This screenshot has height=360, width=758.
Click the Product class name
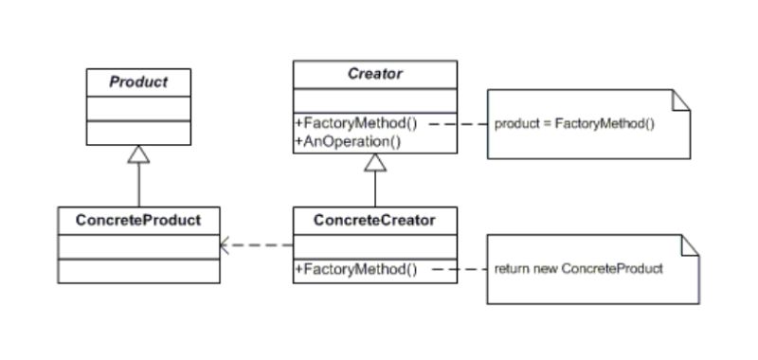coord(138,82)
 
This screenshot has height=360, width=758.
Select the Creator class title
coord(375,74)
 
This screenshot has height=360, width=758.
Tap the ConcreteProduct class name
coord(138,221)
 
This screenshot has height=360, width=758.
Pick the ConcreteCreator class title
coord(375,221)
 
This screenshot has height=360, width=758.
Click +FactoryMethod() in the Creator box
coord(355,124)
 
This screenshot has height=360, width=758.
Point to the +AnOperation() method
coord(348,141)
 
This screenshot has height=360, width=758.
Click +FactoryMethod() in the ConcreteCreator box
coord(355,269)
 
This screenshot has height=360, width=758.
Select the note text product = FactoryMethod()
coord(574,124)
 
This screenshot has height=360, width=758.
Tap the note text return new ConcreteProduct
coord(579,269)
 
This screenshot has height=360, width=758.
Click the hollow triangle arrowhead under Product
coord(139,153)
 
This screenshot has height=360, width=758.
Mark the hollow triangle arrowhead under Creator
coord(376,162)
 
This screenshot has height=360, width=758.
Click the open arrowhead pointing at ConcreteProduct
coord(226,245)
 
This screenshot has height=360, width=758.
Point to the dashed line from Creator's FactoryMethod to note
coord(459,124)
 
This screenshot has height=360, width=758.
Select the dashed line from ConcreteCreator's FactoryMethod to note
coord(459,269)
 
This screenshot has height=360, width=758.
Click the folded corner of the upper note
coord(681,99)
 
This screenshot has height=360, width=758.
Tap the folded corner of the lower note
coord(690,244)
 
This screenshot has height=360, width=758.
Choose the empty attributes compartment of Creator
coord(375,99)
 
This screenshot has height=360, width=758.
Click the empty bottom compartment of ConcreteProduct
coord(138,271)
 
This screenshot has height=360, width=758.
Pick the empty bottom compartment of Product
coord(138,134)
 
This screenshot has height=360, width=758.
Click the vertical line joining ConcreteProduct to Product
coord(139,185)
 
